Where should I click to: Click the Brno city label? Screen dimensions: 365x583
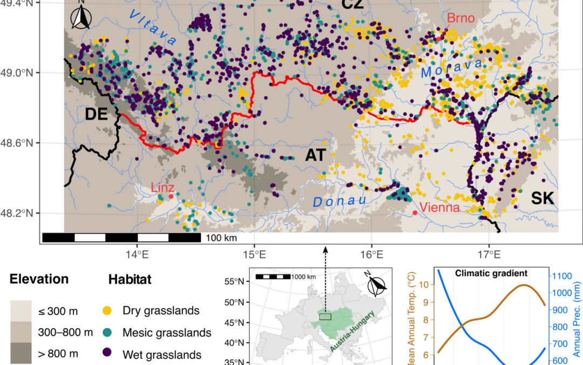coord(460,19)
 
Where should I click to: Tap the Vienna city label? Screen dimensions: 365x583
coord(440,208)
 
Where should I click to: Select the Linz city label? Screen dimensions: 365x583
coord(162,188)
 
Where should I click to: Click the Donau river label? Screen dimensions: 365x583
coord(340,201)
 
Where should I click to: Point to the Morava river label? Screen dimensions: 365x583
coord(452,68)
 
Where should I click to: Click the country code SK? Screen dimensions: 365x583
coord(542,198)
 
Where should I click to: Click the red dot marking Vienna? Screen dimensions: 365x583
coord(415,213)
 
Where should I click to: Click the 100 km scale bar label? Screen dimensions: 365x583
coord(221,237)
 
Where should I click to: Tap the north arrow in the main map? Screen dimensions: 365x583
coord(81,16)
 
